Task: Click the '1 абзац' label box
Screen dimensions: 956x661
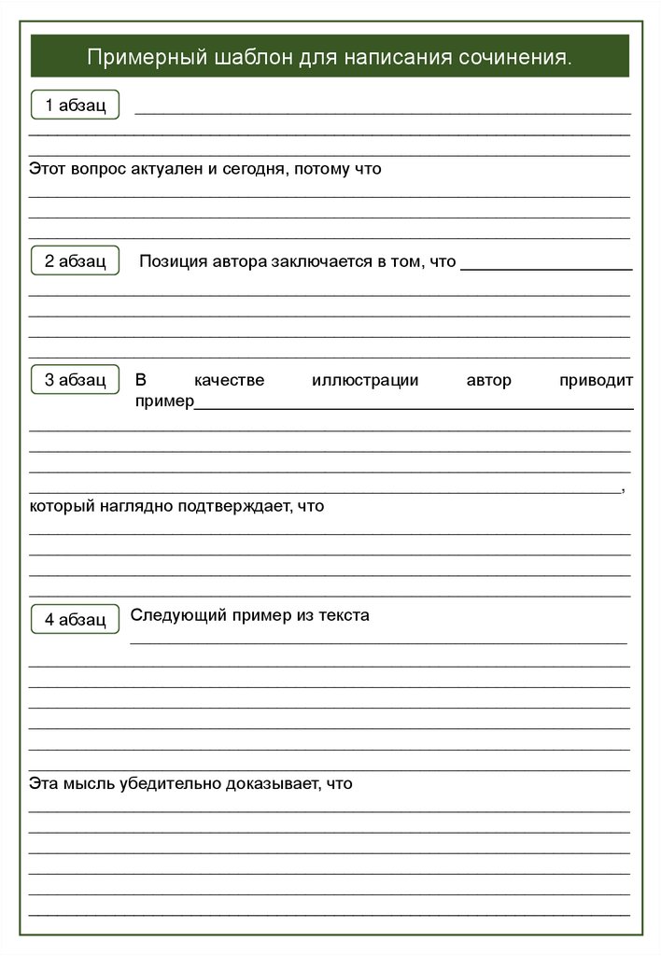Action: point(76,105)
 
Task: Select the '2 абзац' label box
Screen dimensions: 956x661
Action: point(76,261)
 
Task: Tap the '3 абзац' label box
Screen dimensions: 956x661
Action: point(76,379)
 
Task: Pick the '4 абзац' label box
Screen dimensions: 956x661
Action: point(76,619)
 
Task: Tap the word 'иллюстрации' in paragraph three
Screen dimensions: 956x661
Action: point(365,380)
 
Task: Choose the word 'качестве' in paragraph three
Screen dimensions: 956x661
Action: point(230,380)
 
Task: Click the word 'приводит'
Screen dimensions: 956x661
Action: point(596,380)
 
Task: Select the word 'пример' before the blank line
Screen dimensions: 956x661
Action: point(164,401)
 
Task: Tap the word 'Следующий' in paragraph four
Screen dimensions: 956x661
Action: point(167,615)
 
